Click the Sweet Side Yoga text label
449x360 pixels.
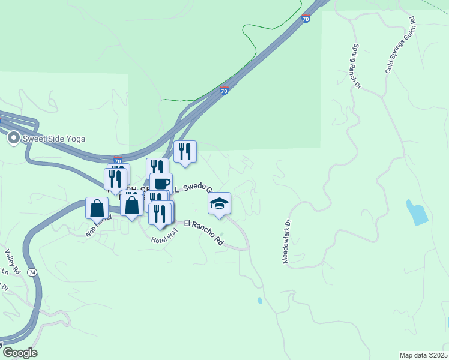pyautogui.click(x=54, y=139)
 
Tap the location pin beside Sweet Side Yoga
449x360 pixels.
pyautogui.click(x=13, y=139)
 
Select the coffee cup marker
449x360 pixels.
pyautogui.click(x=161, y=184)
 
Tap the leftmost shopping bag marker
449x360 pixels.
pyautogui.click(x=97, y=208)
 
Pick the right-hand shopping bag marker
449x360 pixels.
pyautogui.click(x=132, y=205)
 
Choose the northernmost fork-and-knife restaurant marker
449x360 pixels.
pyautogui.click(x=185, y=152)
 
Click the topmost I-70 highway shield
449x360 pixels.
pyautogui.click(x=306, y=19)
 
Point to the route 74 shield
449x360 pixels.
pyautogui.click(x=32, y=272)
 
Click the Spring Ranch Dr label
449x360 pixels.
pyautogui.click(x=356, y=67)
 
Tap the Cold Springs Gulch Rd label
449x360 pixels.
pyautogui.click(x=401, y=46)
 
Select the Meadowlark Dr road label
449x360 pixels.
pyautogui.click(x=287, y=240)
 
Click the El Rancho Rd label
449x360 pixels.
pyautogui.click(x=203, y=233)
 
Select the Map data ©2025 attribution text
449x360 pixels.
pyautogui.click(x=423, y=355)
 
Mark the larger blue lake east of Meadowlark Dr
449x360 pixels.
pyautogui.click(x=417, y=212)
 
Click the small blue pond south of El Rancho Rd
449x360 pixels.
pyautogui.click(x=259, y=300)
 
